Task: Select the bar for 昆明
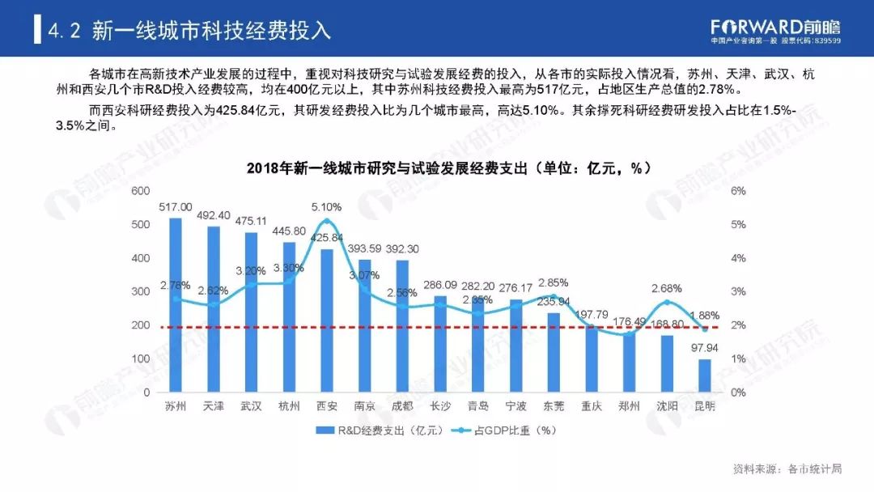[x=704, y=375]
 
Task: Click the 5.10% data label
[x=326, y=207]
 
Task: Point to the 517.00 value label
[x=176, y=207]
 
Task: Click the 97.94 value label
[x=704, y=349]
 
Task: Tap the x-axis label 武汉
[x=252, y=406]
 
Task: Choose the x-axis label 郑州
[x=629, y=406]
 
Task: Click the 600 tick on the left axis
[x=142, y=191]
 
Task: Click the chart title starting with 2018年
[x=438, y=168]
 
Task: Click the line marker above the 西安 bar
[x=327, y=221]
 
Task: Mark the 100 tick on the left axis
[x=142, y=358]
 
